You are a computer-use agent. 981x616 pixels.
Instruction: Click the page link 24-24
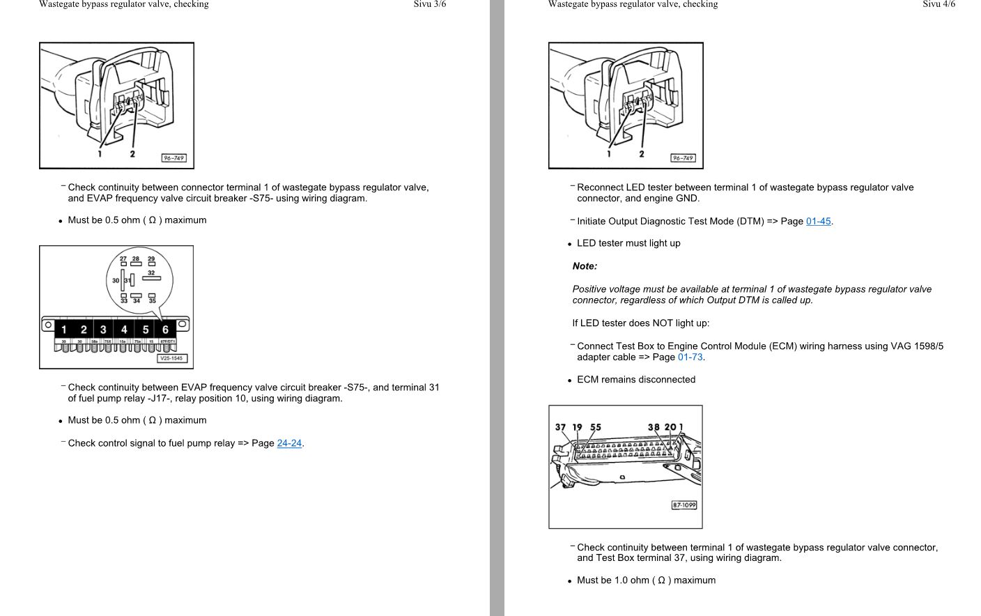coord(289,443)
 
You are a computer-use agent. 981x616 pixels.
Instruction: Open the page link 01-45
coord(818,222)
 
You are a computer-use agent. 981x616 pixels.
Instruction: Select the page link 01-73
coord(690,357)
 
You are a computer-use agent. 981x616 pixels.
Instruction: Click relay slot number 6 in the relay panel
coord(165,330)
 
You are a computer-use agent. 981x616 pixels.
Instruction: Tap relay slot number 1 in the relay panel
coord(63,330)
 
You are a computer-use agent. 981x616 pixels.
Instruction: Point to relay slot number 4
coord(124,330)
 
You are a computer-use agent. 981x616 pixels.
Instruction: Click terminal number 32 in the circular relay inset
coord(151,272)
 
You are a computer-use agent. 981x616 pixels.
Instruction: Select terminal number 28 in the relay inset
coord(136,259)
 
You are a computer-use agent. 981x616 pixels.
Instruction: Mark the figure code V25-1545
coord(171,358)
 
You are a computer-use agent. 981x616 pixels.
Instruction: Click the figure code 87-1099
coord(683,505)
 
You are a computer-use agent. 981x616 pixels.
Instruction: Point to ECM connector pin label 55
coord(596,427)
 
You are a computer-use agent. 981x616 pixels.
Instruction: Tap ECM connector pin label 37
coord(561,427)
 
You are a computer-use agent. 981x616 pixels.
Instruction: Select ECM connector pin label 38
coord(654,427)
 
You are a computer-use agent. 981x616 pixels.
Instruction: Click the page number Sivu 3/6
coord(429,4)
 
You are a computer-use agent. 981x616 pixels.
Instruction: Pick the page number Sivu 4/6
coord(938,4)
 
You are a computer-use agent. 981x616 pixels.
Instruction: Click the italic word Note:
coord(585,266)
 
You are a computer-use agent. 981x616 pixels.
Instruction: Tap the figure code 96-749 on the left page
coord(173,158)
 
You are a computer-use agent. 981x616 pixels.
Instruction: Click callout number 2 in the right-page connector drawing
coord(642,154)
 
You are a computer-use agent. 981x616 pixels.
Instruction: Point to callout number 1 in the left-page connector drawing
coord(100,154)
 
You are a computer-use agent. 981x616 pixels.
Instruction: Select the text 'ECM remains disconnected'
coord(636,380)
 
